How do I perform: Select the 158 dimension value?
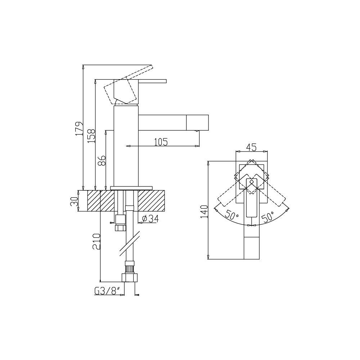(91, 136)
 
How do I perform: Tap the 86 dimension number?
(102, 161)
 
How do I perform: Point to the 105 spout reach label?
(161, 142)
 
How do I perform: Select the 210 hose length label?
(96, 242)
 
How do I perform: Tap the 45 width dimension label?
(251, 147)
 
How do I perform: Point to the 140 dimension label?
(204, 211)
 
